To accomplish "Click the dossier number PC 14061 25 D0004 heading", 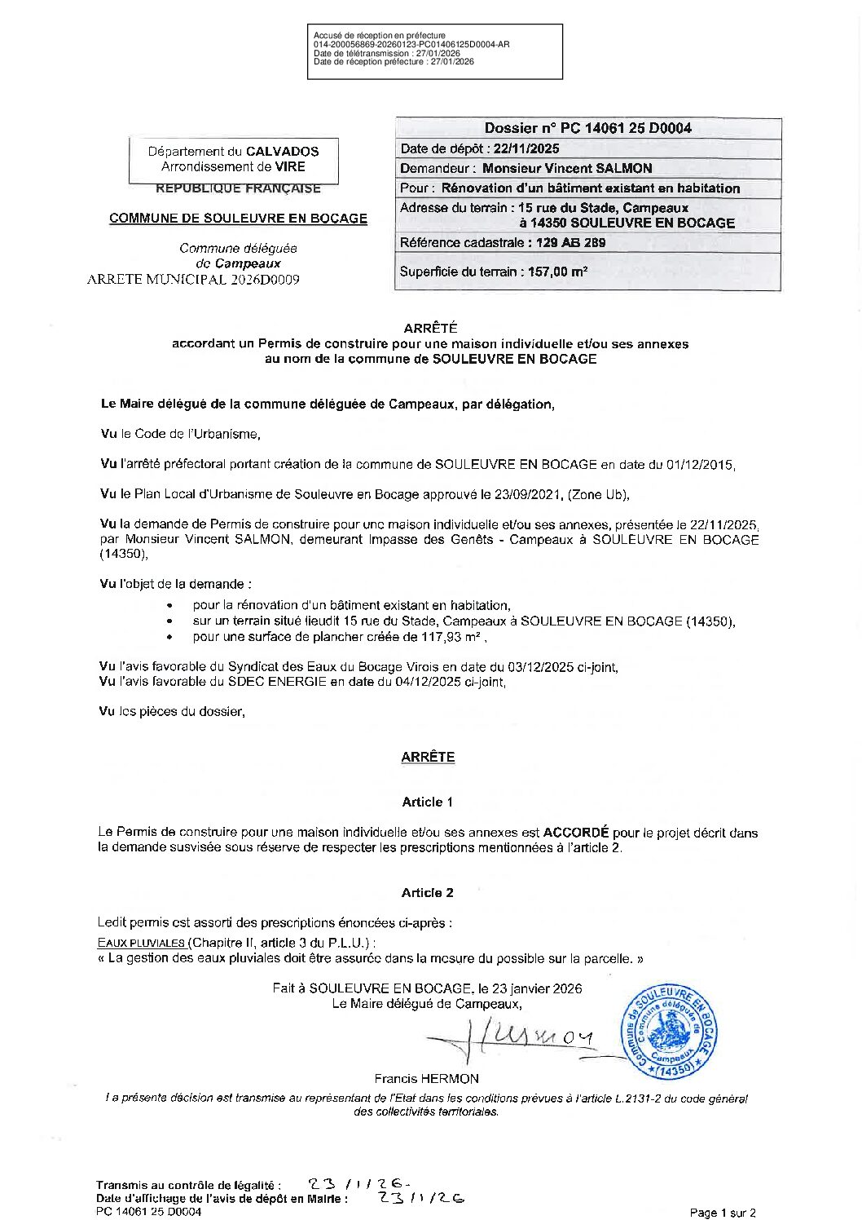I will (x=587, y=128).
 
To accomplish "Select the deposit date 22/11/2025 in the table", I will (x=526, y=148).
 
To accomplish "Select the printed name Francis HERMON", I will (x=426, y=1078).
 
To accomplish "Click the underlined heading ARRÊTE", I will (x=428, y=757).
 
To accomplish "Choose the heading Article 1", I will (x=427, y=802).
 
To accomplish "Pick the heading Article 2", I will (x=427, y=892).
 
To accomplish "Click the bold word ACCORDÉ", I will (x=576, y=833).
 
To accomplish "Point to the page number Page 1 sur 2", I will (x=723, y=1213).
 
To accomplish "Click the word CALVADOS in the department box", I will (x=283, y=151).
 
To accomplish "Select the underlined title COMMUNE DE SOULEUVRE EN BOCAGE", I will (x=238, y=219).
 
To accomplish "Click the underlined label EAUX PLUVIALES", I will (x=141, y=943).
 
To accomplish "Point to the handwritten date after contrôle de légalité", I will (x=359, y=1184).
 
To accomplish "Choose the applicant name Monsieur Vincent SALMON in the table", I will (x=567, y=168).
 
